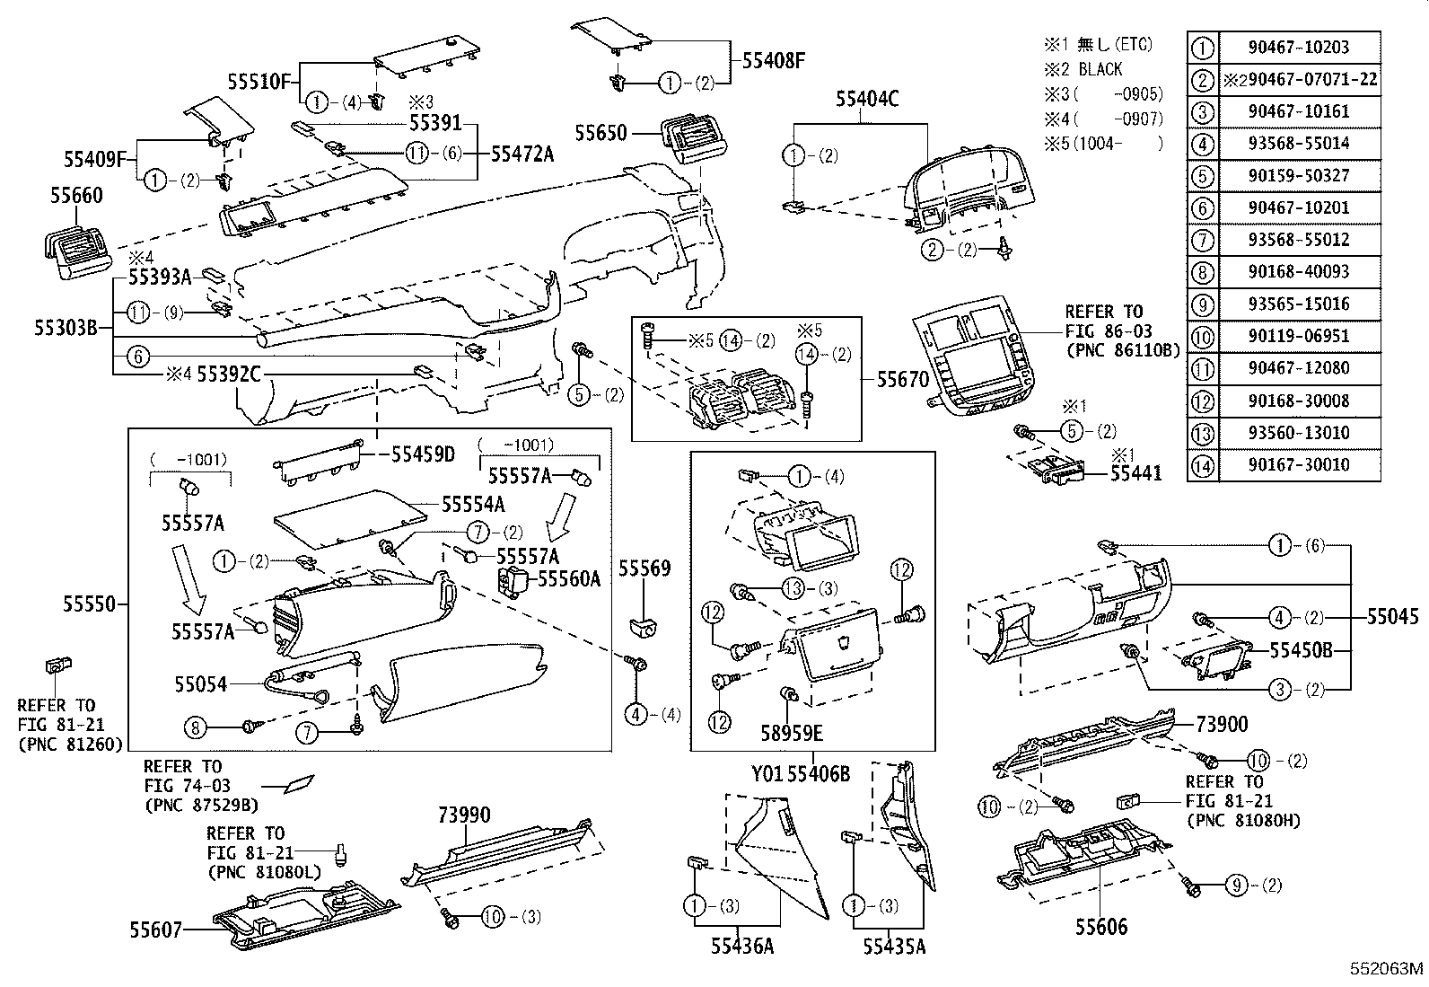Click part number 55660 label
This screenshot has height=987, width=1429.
77,196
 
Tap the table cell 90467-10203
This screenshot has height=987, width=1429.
1299,47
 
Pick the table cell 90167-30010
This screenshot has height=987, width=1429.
1299,465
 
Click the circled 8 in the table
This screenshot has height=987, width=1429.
1203,272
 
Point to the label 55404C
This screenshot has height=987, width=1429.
867,100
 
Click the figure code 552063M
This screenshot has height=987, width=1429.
1388,969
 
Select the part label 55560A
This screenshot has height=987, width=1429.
568,579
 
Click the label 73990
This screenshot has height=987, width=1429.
464,815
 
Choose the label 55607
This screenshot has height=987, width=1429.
155,932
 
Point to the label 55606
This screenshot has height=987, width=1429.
1101,927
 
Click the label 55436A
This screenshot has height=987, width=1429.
741,946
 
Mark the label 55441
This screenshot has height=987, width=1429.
1135,472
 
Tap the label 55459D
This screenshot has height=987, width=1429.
423,454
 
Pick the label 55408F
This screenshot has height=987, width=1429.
773,61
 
